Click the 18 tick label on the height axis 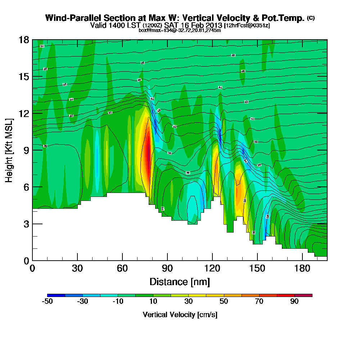24,40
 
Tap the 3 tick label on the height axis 26,224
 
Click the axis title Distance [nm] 180,282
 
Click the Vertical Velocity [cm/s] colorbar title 180,315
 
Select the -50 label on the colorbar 48,302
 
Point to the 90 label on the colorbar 294,302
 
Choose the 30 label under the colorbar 189,302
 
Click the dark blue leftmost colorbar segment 56,295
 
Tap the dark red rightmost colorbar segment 303,295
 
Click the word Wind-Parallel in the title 68,18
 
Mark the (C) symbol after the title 311,18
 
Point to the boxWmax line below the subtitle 180,30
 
